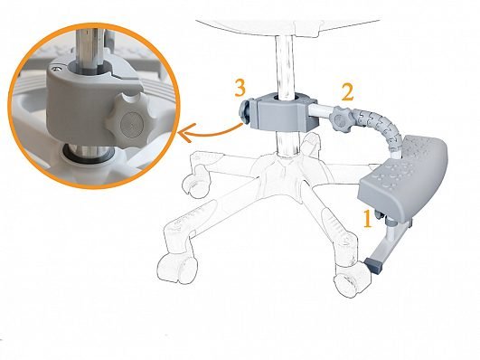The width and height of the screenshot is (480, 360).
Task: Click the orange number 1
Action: point(368,219)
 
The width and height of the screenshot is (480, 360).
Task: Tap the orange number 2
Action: point(348,91)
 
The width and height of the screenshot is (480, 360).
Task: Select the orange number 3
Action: point(240,88)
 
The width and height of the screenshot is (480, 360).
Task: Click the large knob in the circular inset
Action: point(128,118)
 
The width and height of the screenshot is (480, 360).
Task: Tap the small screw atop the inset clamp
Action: point(56,69)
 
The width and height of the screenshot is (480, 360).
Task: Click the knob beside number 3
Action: point(245,111)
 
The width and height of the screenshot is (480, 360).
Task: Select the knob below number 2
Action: point(339,119)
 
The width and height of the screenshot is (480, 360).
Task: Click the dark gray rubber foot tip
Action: point(374,266)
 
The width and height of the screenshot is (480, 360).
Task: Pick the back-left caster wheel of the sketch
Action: point(196,184)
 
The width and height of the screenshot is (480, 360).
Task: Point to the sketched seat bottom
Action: point(287,27)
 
